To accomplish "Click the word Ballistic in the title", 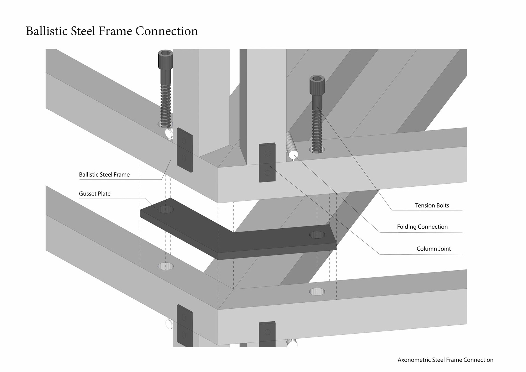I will [x=46, y=31].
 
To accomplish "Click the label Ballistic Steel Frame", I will [x=104, y=175].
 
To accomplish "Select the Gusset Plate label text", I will [x=95, y=194].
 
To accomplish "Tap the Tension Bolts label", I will [x=432, y=205].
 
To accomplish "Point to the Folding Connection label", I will [x=422, y=227].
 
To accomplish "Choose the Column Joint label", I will [x=433, y=249].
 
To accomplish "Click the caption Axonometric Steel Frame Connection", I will [x=445, y=360].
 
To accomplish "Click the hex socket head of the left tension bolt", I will [x=165, y=53].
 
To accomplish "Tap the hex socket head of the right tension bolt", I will [x=317, y=79].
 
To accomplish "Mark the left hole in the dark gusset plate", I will [x=166, y=210].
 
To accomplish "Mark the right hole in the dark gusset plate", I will [x=317, y=235].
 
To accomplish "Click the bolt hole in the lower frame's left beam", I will [x=166, y=266].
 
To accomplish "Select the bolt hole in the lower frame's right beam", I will [x=317, y=292].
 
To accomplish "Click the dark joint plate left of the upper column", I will [x=185, y=150].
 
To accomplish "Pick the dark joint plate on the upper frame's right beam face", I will [x=267, y=162].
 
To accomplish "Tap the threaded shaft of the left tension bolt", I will [x=165, y=104].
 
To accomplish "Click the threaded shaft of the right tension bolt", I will [x=317, y=129].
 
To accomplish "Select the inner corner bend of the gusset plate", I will [x=233, y=233].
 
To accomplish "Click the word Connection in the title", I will [x=166, y=31].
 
